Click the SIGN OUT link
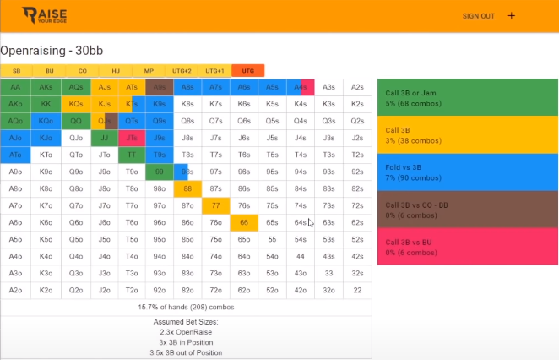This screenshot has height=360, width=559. coord(478,16)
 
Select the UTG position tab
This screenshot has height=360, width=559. coord(248,71)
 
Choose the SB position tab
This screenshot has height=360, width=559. coord(16,71)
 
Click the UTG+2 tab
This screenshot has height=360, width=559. coord(182,71)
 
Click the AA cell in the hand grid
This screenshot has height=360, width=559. coord(16,87)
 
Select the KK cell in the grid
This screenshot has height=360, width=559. coord(46,104)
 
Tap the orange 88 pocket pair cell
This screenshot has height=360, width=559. coord(188,188)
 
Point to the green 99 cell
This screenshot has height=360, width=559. coord(159,172)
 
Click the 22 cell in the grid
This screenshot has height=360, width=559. coord(358,290)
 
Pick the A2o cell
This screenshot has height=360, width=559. coord(16,290)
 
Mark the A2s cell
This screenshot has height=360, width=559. coord(358,87)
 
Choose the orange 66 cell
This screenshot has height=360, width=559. coord(244,222)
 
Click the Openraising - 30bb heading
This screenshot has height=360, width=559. coord(57,50)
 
